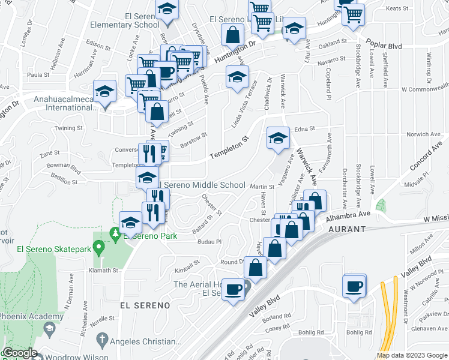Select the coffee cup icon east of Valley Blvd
(355, 286)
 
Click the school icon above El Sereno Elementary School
(166, 9)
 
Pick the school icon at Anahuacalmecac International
(105, 91)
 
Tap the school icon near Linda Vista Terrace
(237, 77)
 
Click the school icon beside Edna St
(278, 138)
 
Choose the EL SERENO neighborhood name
(145, 305)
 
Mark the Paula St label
(38, 74)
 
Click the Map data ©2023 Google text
(412, 355)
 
